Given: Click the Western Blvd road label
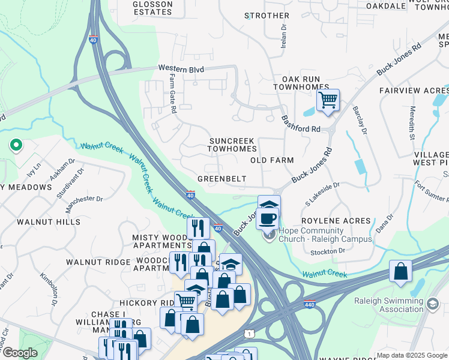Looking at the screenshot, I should (181, 70).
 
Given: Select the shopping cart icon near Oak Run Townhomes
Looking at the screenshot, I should (328, 100).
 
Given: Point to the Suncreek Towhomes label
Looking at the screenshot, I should (233, 144).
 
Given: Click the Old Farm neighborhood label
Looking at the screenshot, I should (272, 160).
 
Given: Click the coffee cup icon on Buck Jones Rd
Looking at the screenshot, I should (267, 218).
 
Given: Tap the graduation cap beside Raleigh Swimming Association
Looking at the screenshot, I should (433, 305).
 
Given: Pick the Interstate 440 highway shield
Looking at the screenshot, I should (310, 304).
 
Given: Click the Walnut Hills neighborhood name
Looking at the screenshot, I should (49, 222).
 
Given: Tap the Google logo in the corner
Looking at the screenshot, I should (20, 353).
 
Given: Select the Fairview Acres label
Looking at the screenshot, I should (414, 90).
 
